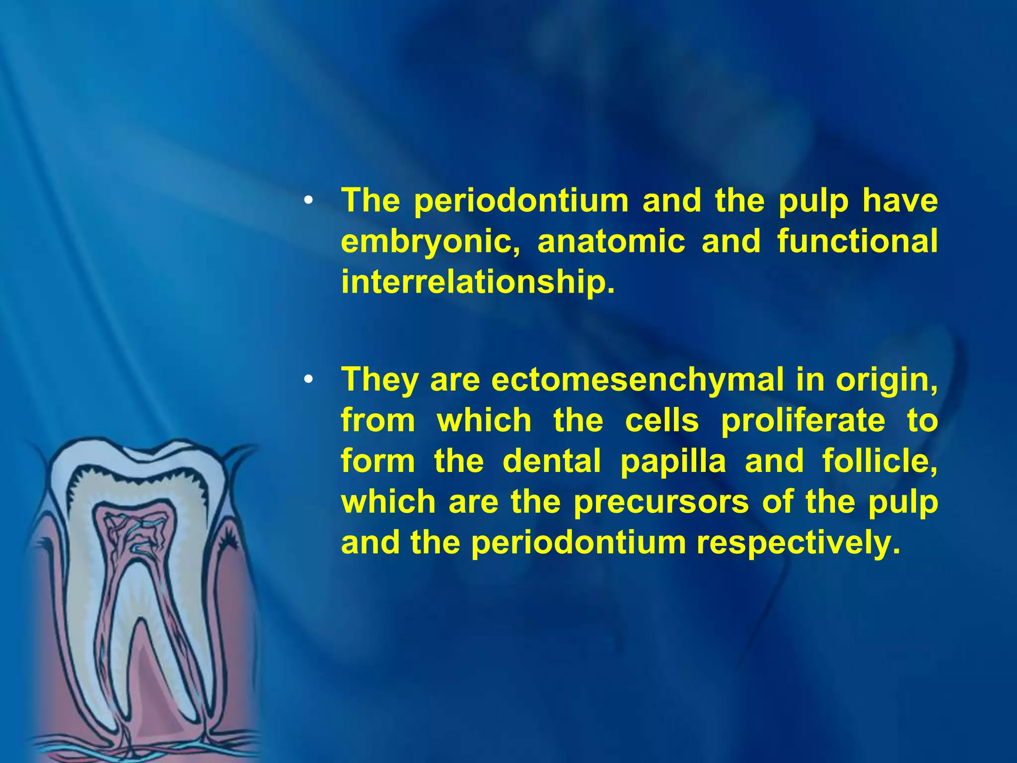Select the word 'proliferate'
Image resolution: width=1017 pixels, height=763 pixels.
pos(802,421)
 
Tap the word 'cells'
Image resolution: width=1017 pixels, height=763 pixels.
pos(661,421)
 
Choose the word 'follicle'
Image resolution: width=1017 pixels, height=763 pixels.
pos(879,461)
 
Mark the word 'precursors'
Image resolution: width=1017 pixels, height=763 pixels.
pos(661,502)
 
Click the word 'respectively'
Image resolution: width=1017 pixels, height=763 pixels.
pos(798,543)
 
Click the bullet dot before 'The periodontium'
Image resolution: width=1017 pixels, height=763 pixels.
pos(308,201)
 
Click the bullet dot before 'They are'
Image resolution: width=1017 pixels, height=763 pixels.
pos(308,381)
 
